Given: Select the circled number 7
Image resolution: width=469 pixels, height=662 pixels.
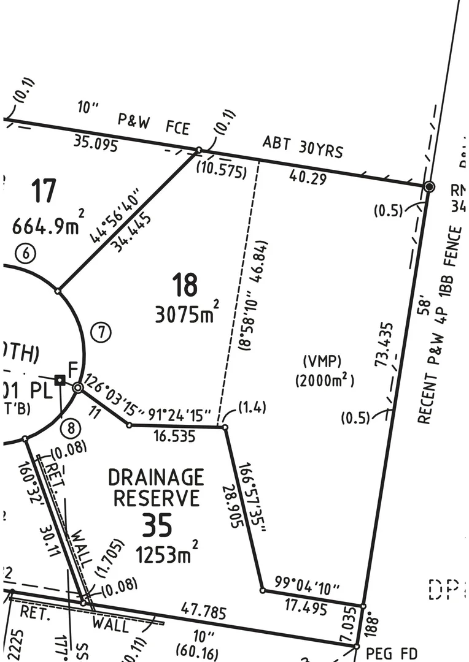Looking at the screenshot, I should coord(102,333).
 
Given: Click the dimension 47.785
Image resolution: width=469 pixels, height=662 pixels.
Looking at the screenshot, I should coord(204,611).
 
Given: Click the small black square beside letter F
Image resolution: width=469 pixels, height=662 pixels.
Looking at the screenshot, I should coord(60,380).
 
